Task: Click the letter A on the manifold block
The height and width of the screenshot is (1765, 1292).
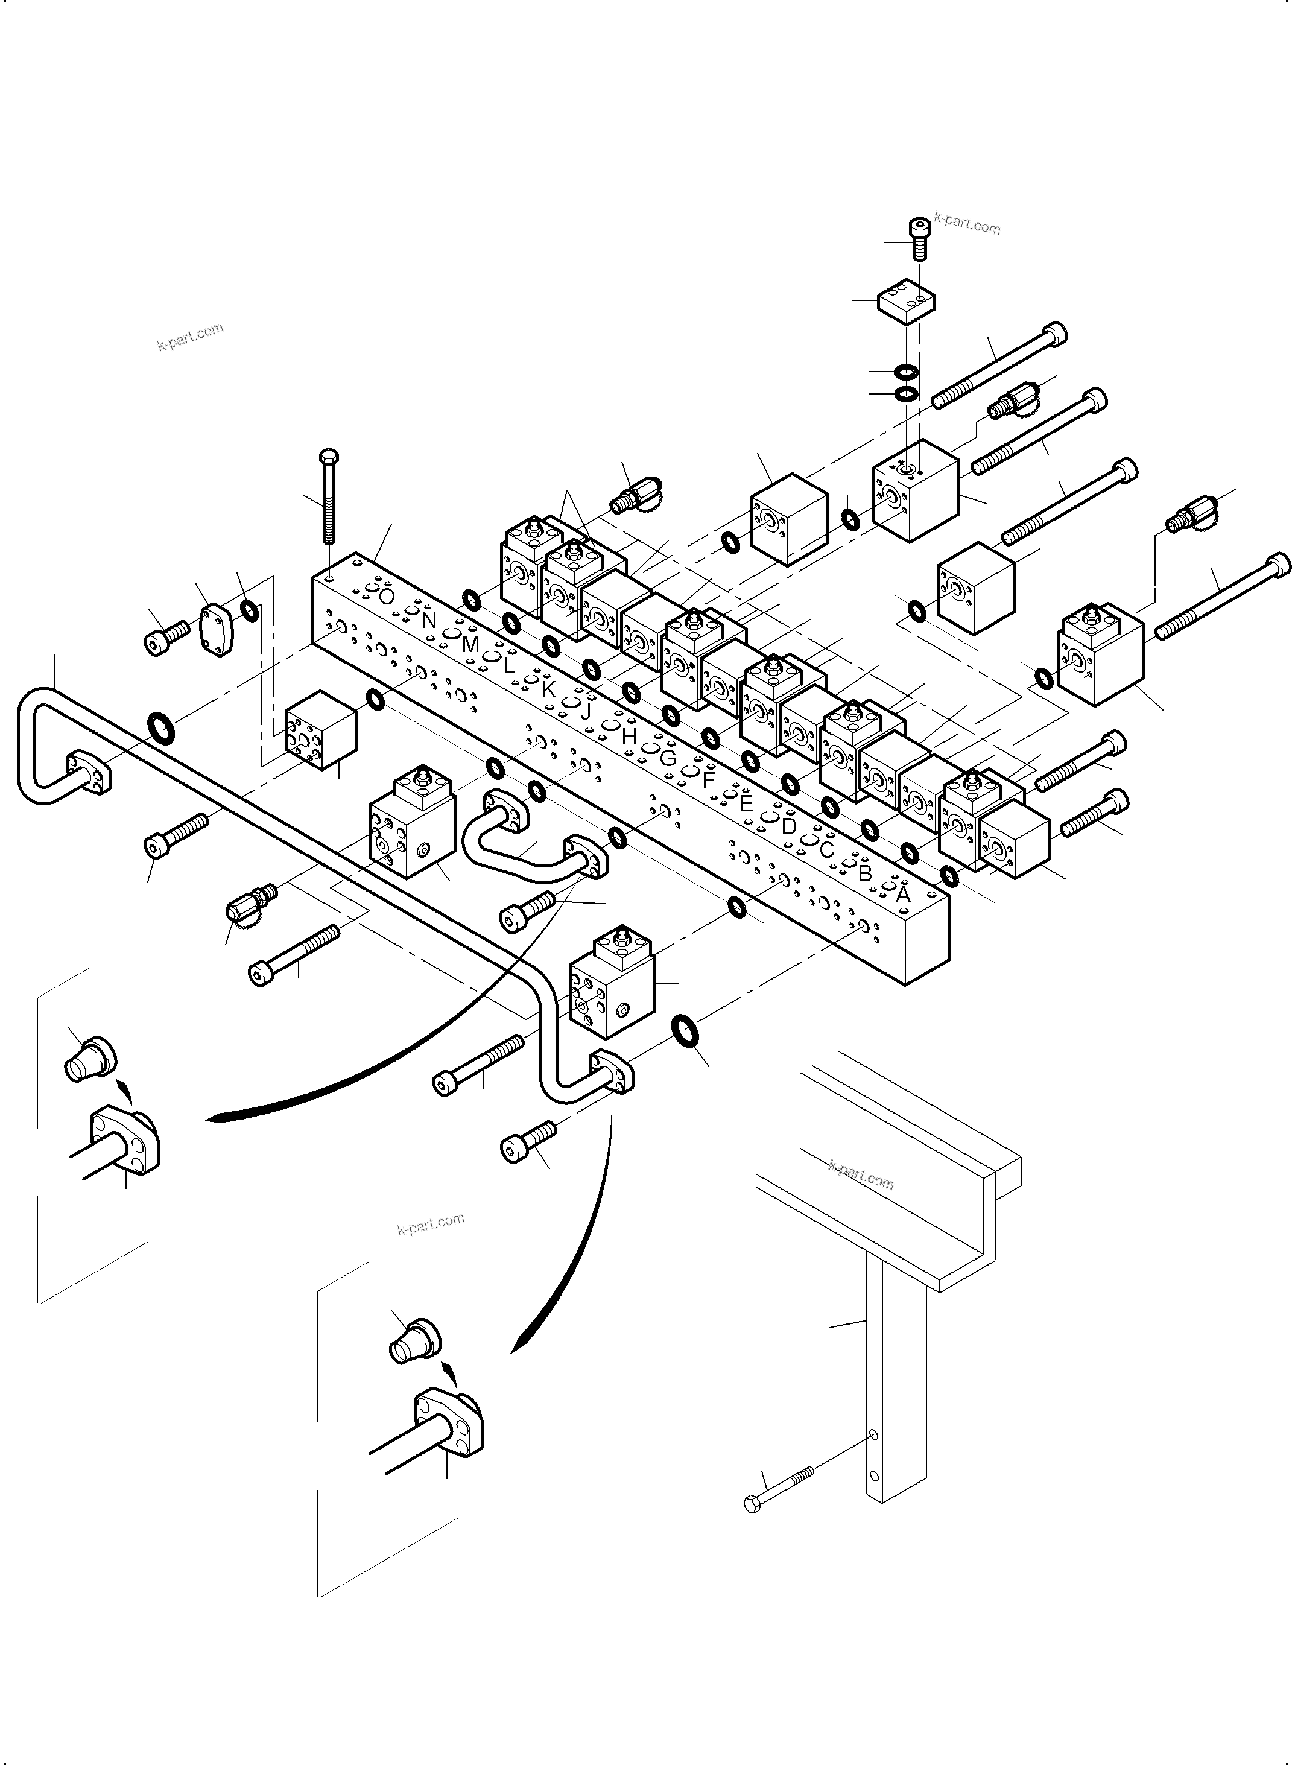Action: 902,895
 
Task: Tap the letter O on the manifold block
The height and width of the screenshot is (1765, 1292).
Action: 387,597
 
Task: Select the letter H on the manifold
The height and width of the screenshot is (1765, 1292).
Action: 629,736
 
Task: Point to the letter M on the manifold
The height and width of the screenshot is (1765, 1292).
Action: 470,644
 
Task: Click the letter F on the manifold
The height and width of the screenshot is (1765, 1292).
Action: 709,781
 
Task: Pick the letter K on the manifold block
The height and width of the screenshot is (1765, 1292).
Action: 548,689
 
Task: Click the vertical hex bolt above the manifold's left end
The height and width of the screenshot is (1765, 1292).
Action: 329,498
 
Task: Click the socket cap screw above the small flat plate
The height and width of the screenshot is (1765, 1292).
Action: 920,238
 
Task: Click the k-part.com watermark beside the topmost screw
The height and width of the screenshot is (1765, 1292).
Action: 967,224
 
